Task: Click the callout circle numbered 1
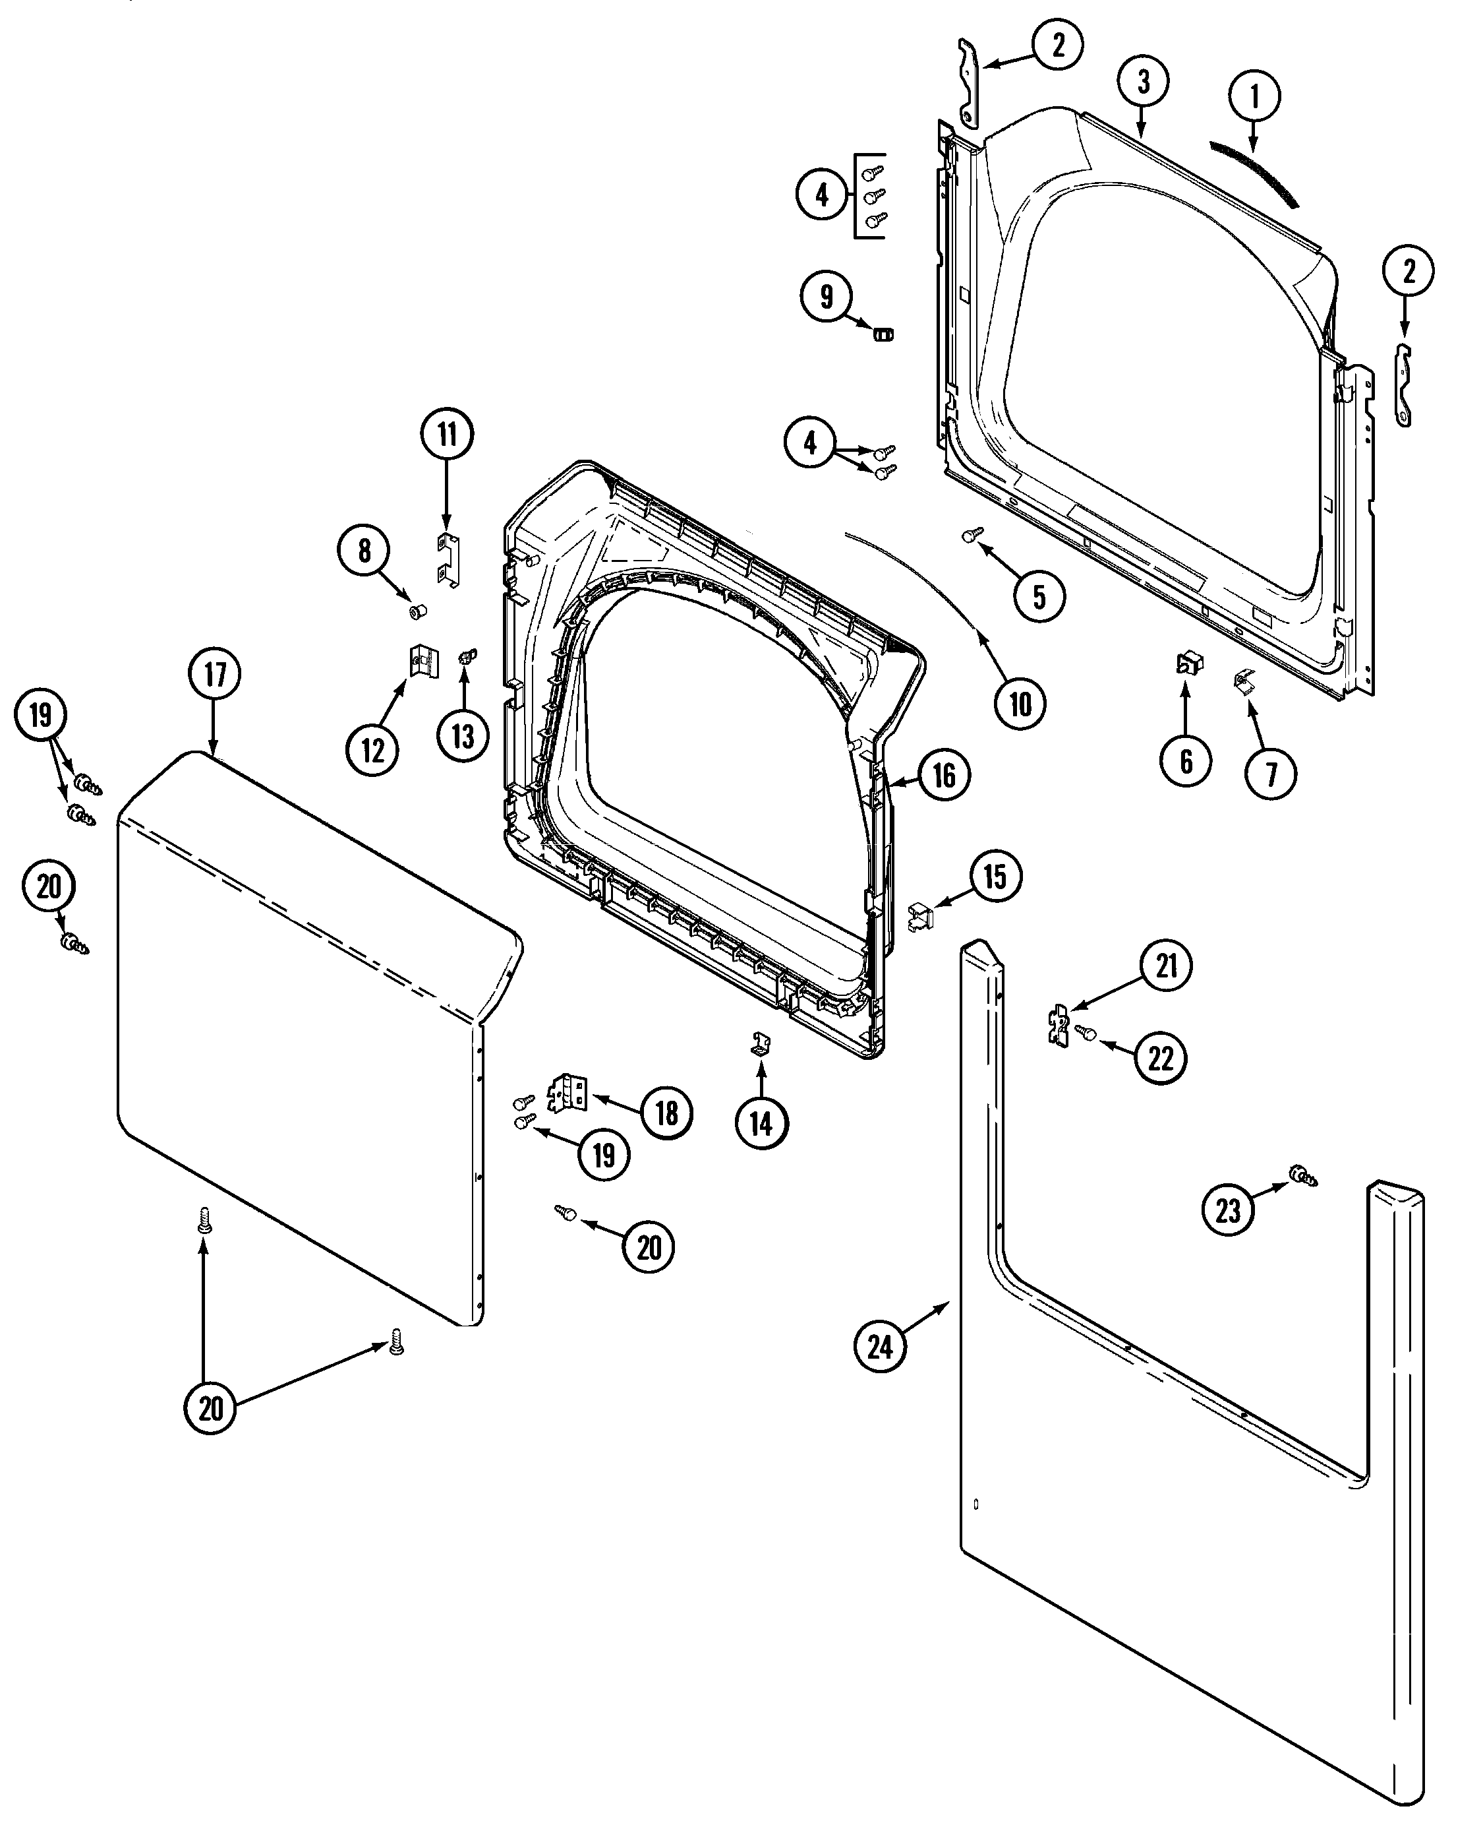1254,98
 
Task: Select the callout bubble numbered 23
1227,1210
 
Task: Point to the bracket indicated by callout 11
448,560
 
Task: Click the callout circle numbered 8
364,551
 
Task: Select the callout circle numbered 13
463,734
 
